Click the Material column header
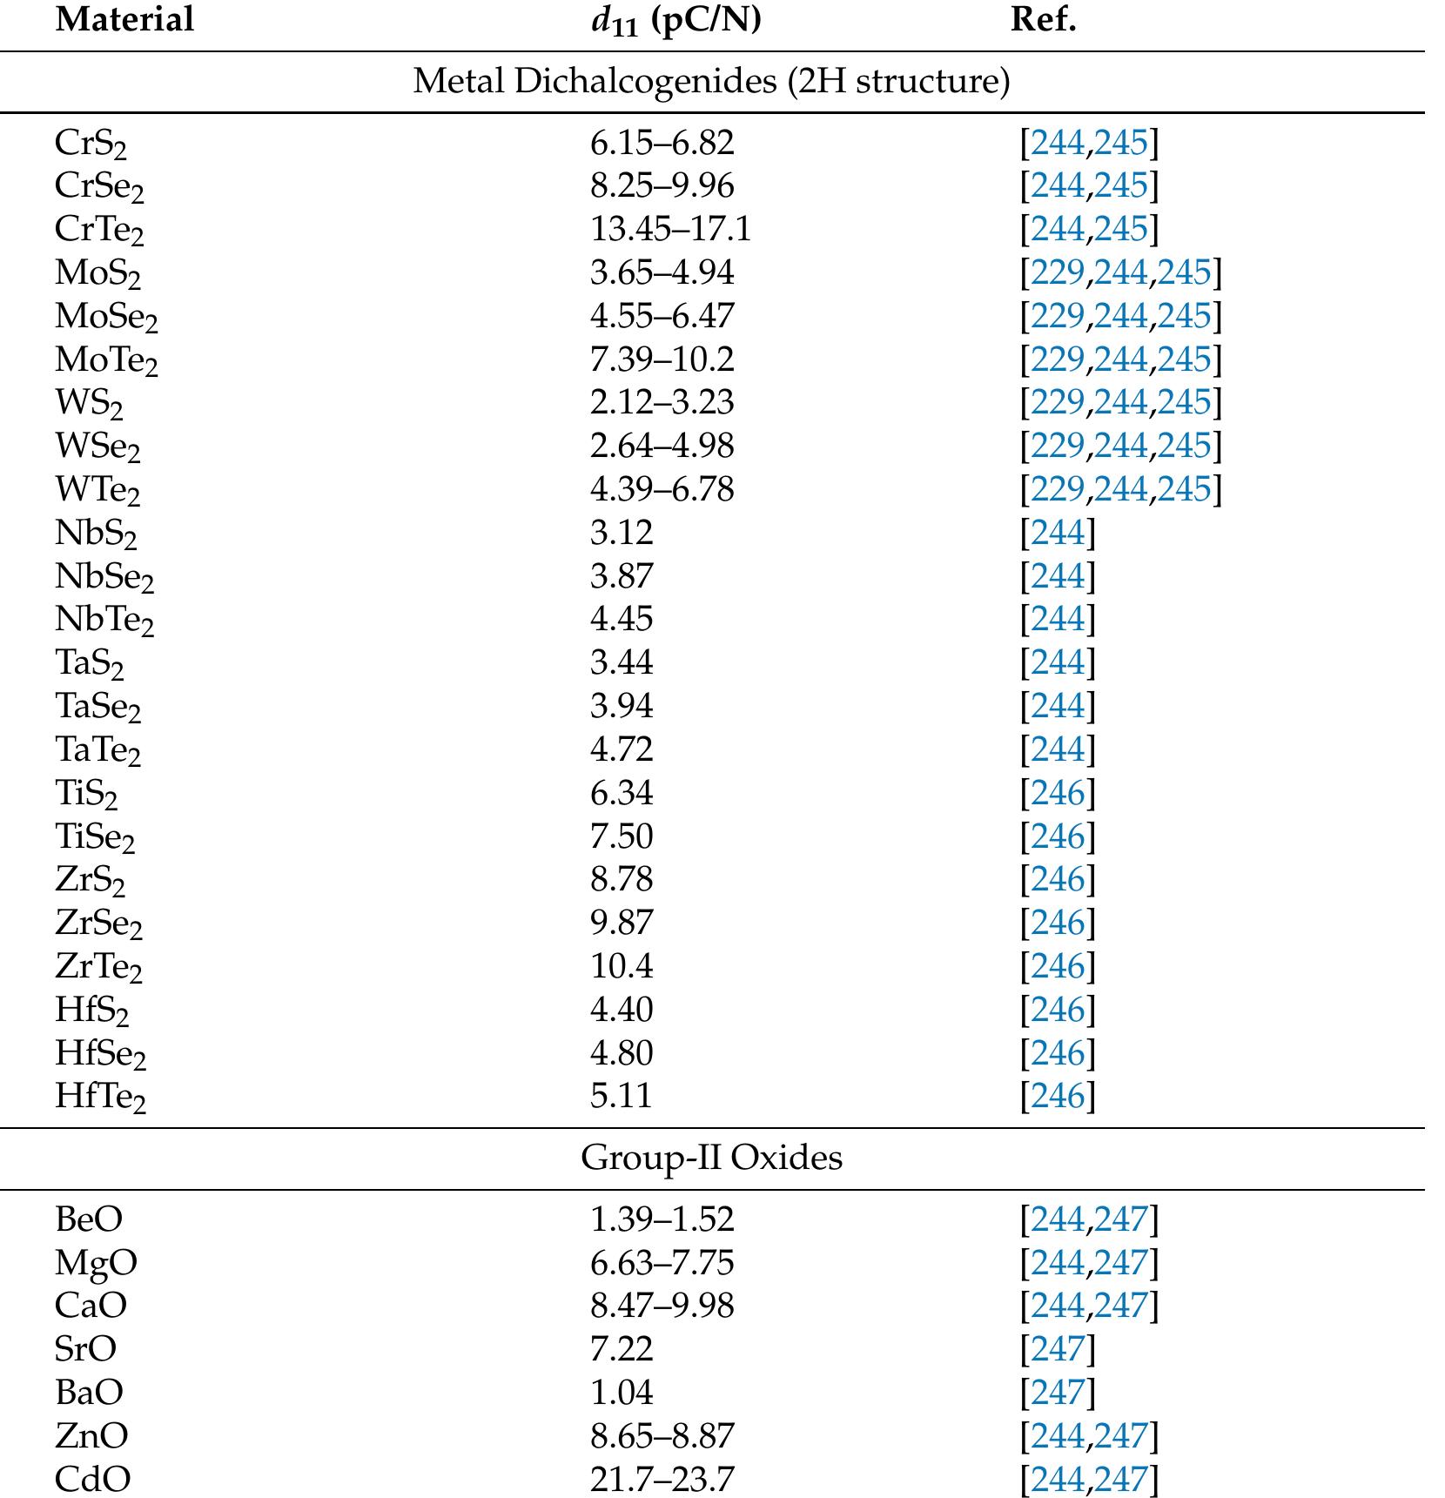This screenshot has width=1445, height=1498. point(124,19)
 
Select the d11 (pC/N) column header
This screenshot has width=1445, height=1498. point(675,19)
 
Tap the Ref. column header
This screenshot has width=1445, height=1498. point(1043,19)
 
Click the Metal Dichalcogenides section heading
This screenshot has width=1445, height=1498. point(711,81)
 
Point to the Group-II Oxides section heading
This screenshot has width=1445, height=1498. point(711,1158)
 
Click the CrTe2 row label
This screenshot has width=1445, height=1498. point(98,229)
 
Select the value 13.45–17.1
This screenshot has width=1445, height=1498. point(669,229)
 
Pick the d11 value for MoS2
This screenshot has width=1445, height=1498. point(662,272)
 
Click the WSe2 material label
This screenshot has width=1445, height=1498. point(97,446)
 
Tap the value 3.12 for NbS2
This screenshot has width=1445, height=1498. point(621,532)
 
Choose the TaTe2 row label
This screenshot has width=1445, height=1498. point(97,749)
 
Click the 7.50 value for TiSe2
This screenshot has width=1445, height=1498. point(621,836)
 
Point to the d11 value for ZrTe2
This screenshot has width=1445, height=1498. point(621,966)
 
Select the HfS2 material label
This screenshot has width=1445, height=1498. point(91,1010)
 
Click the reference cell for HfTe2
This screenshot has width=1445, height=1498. point(1058,1096)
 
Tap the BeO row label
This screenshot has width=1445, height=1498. point(89,1219)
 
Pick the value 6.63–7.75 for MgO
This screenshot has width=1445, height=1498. point(662,1262)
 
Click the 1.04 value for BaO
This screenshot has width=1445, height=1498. point(621,1392)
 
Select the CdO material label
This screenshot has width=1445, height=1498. point(92,1479)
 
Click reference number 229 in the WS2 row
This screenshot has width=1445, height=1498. point(1057,402)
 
